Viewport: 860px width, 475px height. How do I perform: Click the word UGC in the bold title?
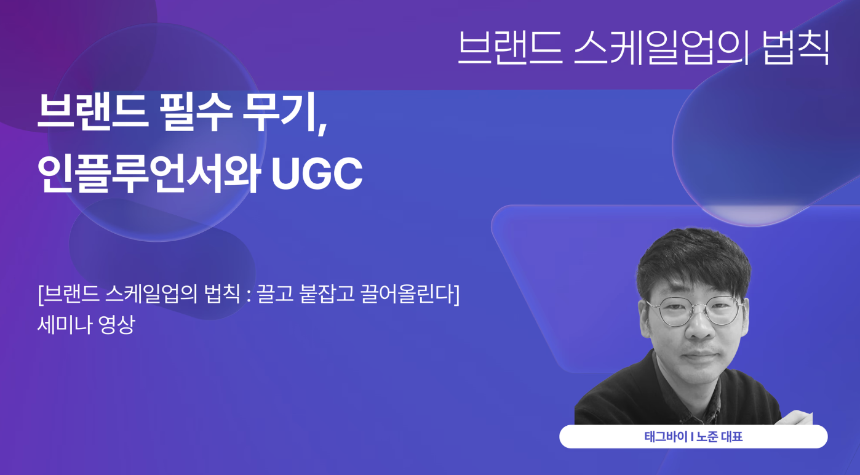click(317, 174)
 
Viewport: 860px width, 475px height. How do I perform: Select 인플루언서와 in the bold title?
click(149, 174)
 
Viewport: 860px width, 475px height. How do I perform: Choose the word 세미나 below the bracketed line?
click(62, 324)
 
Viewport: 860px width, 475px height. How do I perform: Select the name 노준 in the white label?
click(707, 437)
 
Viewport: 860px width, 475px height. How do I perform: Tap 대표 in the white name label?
click(733, 437)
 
